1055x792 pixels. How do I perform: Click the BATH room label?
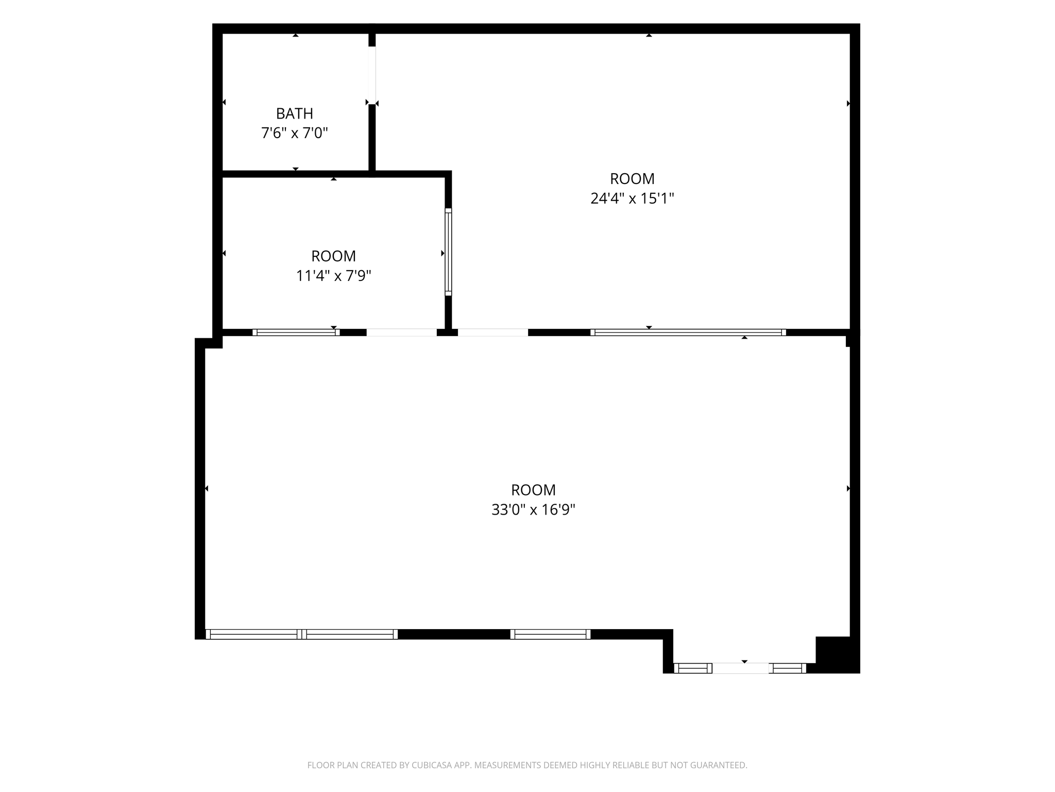click(295, 113)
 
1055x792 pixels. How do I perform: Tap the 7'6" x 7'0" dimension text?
click(295, 134)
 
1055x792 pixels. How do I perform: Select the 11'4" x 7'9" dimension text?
click(334, 276)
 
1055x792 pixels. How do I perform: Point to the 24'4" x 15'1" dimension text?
click(632, 199)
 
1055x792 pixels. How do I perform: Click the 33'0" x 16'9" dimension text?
click(533, 509)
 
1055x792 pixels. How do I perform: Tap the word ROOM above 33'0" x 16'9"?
click(533, 490)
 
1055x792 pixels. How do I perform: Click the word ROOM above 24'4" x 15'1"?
click(632, 179)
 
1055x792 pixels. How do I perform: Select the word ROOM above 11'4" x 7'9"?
click(334, 256)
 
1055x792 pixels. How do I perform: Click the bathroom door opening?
click(372, 75)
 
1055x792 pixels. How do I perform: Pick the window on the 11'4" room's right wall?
click(448, 252)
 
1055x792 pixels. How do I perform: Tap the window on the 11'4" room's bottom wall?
click(296, 333)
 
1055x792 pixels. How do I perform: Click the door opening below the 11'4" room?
click(402, 333)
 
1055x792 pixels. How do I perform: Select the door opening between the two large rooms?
click(493, 333)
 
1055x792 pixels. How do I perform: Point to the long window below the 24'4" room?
click(688, 333)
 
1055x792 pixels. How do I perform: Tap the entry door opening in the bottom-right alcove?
click(741, 668)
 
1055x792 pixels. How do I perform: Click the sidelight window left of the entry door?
click(693, 668)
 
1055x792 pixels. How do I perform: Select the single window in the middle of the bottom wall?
click(550, 634)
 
